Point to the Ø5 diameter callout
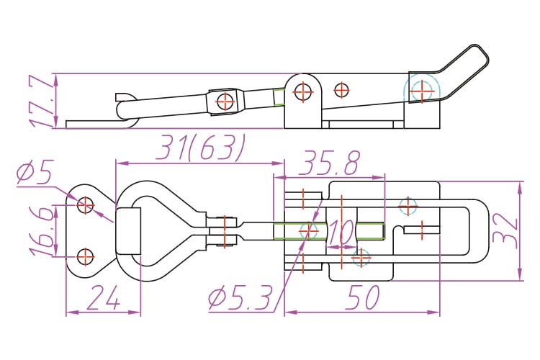pos(34,174)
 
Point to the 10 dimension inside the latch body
pos(344,233)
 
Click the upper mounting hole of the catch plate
pos(86,205)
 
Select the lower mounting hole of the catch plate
pos(86,256)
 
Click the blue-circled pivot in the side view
pos(420,90)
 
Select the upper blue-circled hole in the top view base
pos(408,205)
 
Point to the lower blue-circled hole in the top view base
pos(361,256)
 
